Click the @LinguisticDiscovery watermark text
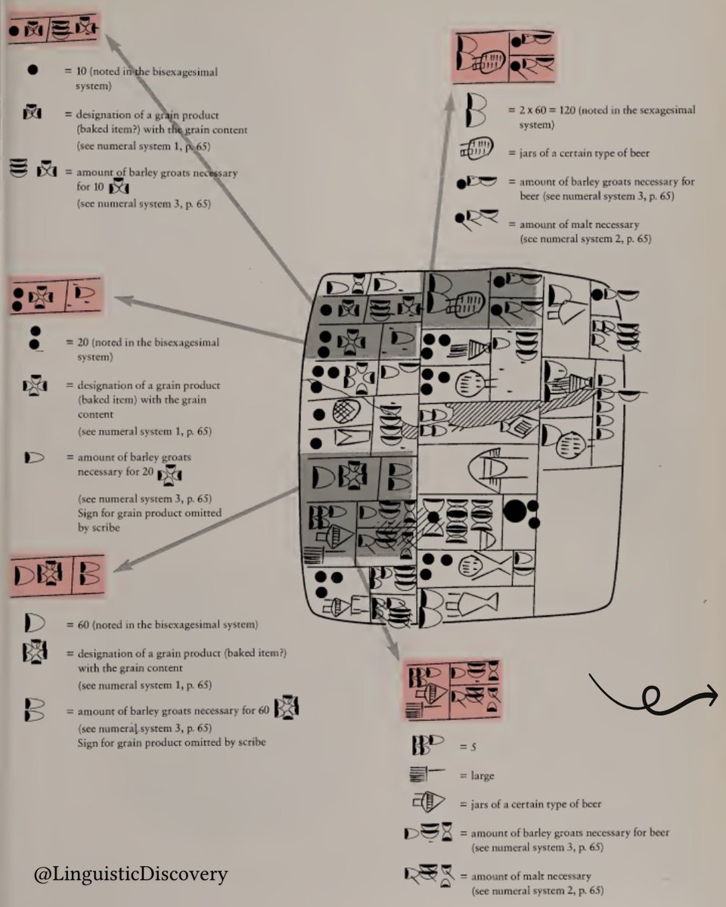pos(131,875)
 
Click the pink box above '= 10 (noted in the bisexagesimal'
pos(53,29)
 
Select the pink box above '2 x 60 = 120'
pos(504,57)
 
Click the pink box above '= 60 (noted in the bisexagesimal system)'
pos(57,573)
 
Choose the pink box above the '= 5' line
pos(452,689)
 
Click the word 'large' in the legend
pos(483,775)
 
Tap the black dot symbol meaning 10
pos(33,70)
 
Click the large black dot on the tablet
pos(515,511)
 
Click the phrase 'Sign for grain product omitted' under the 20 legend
pos(149,512)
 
